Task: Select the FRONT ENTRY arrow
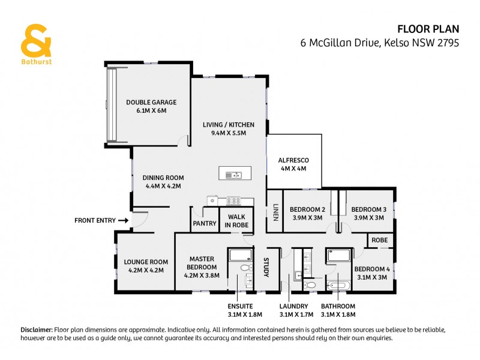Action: pyautogui.click(x=122, y=221)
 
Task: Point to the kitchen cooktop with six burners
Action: pyautogui.click(x=233, y=201)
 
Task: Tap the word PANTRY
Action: pyautogui.click(x=204, y=224)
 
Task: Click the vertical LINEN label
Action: pyautogui.click(x=275, y=211)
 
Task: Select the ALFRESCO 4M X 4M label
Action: pyautogui.click(x=293, y=164)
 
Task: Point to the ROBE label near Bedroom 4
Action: pyautogui.click(x=379, y=240)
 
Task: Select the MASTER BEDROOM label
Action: pyautogui.click(x=202, y=263)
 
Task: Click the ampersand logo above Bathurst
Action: pyautogui.click(x=35, y=41)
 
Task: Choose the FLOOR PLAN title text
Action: pyautogui.click(x=428, y=28)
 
